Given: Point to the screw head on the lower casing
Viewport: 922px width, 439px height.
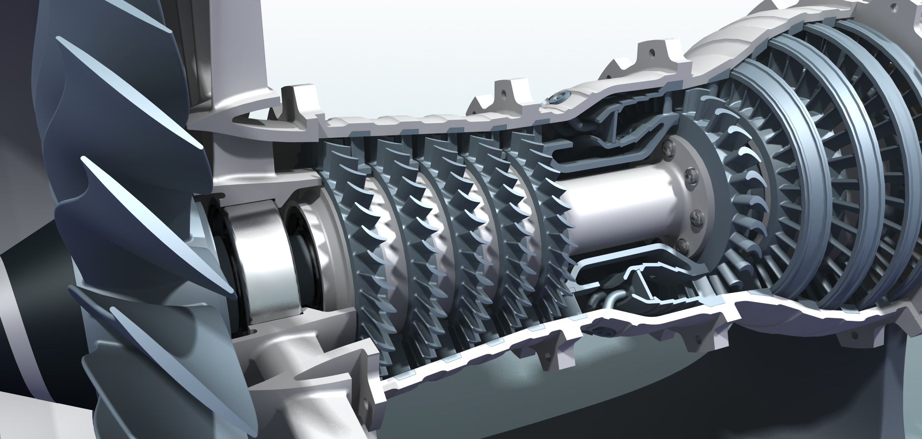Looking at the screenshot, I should (x=602, y=330).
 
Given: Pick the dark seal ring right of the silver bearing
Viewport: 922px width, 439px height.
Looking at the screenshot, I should (x=304, y=255).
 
